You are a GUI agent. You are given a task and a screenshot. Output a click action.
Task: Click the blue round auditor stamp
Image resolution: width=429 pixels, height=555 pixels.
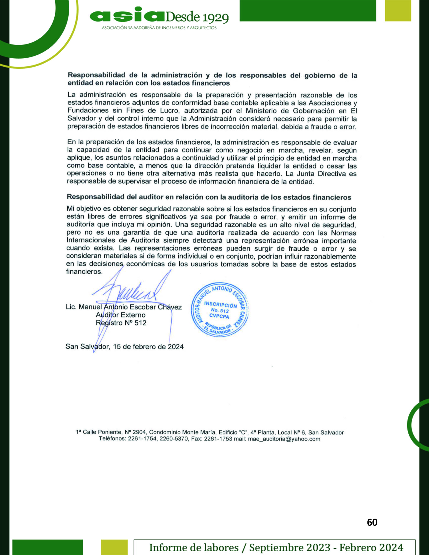coord(220,310)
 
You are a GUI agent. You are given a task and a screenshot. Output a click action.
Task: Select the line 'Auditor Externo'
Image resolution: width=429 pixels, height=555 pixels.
coord(121,315)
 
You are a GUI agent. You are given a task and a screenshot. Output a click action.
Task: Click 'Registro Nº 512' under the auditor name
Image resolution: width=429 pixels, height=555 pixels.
coord(121,323)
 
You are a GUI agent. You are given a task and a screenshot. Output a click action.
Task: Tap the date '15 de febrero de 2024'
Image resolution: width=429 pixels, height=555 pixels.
coord(148,347)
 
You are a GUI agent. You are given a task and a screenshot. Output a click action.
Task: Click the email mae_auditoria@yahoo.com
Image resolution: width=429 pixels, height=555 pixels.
coord(284,439)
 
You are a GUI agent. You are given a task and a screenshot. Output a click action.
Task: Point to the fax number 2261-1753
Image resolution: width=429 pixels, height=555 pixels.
coord(218,439)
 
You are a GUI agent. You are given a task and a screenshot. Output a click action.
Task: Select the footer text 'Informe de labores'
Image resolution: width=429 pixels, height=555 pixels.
coord(194,547)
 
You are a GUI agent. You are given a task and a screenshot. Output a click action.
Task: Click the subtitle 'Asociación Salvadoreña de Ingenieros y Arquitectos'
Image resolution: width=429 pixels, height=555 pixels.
coord(159,28)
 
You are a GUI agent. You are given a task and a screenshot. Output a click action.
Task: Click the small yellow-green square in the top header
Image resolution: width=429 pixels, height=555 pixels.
coord(398,11)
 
